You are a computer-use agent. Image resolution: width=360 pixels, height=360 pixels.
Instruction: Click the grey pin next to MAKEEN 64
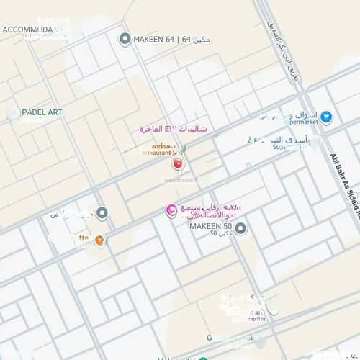(x=125, y=39)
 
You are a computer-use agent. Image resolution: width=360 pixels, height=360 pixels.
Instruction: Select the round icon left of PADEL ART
(x=13, y=113)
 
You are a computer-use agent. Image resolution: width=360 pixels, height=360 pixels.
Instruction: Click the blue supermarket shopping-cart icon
(x=326, y=116)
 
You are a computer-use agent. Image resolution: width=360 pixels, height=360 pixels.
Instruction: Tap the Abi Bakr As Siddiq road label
(x=345, y=181)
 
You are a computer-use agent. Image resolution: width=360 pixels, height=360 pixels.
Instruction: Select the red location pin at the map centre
(x=177, y=164)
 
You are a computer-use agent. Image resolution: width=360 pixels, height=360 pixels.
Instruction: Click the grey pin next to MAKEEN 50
(x=241, y=229)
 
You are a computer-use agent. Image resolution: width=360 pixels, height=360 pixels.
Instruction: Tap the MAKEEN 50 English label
(x=210, y=228)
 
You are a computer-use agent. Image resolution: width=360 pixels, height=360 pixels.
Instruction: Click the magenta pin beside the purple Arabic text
(x=171, y=211)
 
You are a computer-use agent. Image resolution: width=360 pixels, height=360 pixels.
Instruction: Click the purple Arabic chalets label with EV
(x=174, y=128)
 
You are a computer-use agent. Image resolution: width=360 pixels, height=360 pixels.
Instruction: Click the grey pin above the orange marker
(x=102, y=214)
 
